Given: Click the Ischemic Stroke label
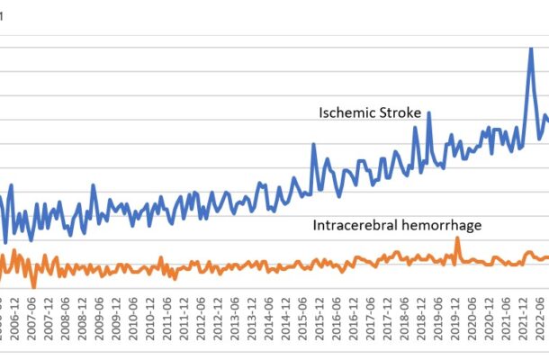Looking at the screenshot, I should click(371, 112).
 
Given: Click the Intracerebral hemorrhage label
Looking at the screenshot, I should click(397, 225).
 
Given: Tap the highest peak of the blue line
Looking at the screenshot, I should click(531, 48).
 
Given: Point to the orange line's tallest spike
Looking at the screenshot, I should click(457, 238).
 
